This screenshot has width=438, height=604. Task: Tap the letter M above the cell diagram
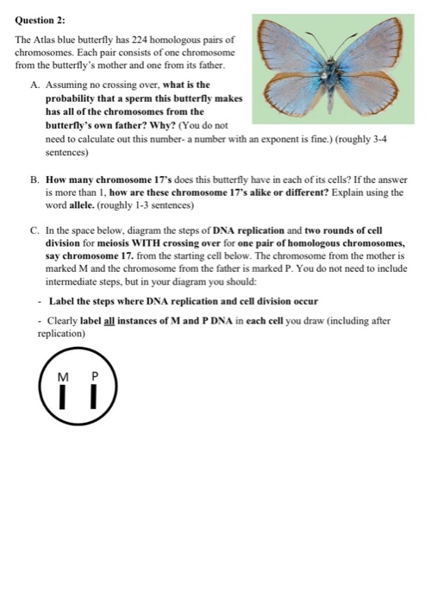point(61,377)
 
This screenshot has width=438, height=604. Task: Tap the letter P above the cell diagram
point(95,377)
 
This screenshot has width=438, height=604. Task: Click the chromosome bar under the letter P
point(95,398)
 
